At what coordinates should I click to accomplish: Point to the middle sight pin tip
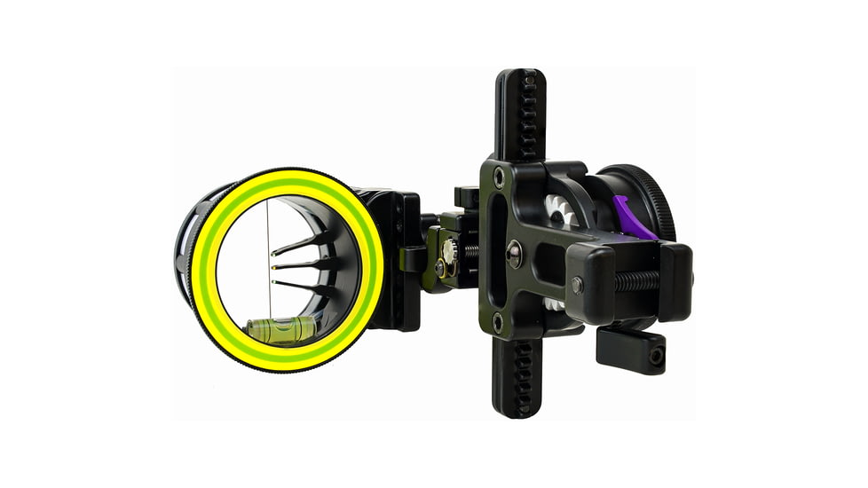click(x=272, y=265)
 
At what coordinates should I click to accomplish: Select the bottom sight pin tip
click(x=272, y=281)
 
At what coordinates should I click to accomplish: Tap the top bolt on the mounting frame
click(x=499, y=177)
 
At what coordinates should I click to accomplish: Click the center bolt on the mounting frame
click(x=513, y=255)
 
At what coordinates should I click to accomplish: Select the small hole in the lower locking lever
click(x=656, y=355)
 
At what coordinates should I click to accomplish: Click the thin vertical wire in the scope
click(x=269, y=257)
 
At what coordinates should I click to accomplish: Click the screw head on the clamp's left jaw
click(x=578, y=286)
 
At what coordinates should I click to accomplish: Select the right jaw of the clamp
click(x=675, y=281)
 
